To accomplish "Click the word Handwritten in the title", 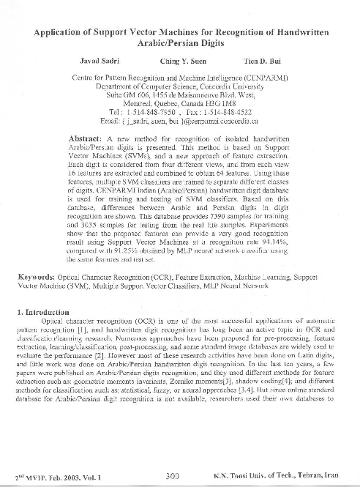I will coord(301,32).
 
